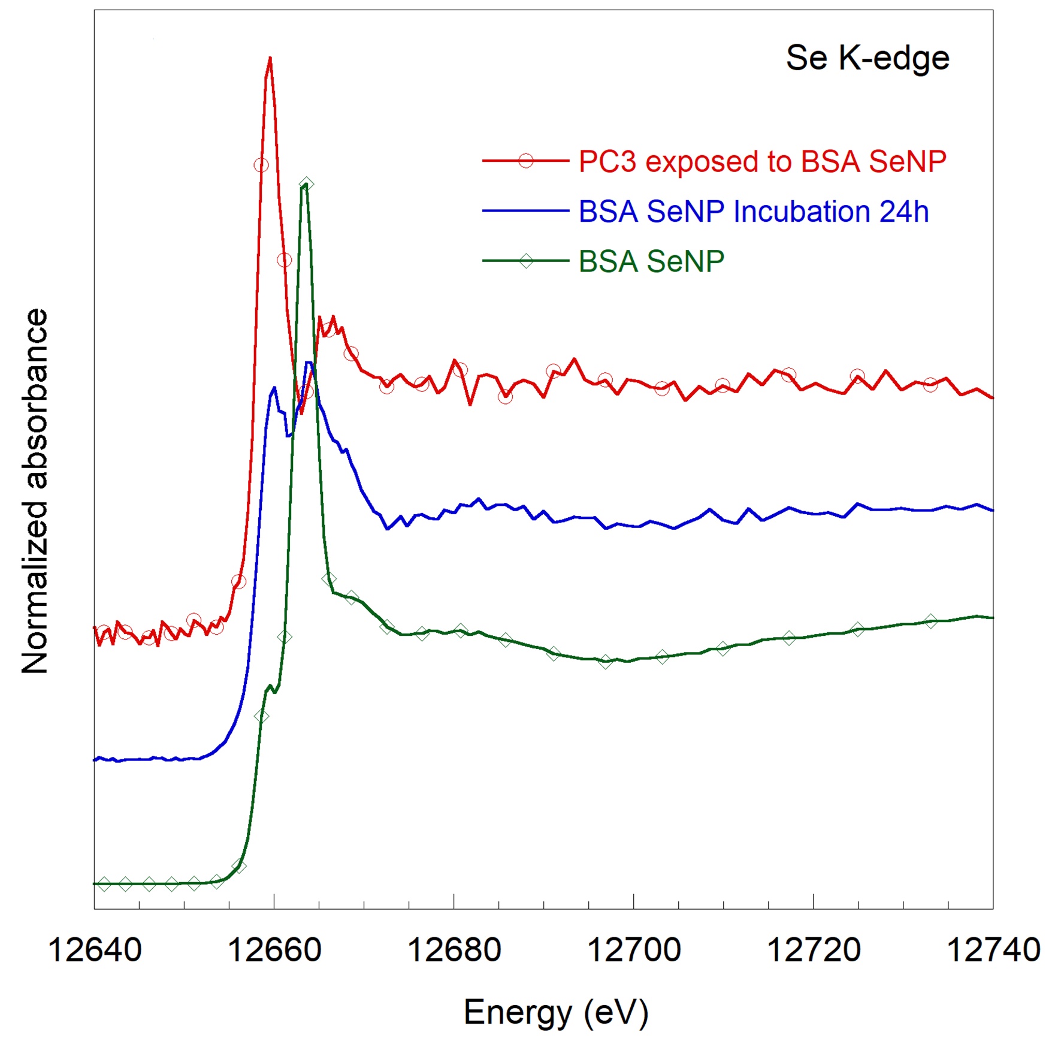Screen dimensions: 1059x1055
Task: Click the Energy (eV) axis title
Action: pos(556,1013)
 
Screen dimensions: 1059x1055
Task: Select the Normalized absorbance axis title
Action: pos(34,491)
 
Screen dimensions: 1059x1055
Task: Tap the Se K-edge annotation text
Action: pos(867,58)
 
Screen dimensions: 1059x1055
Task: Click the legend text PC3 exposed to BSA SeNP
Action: pos(762,161)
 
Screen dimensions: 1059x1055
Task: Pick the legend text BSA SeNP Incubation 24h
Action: pos(754,212)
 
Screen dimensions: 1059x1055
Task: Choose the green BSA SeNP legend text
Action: pos(651,261)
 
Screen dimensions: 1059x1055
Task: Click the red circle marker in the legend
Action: pos(525,161)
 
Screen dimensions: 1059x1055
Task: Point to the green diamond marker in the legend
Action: pos(525,261)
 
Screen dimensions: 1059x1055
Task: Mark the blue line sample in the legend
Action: pos(525,211)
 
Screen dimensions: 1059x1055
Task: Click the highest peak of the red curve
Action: pos(270,58)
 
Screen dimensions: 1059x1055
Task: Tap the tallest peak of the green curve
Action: pos(306,185)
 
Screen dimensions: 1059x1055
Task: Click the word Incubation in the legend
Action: pos(802,212)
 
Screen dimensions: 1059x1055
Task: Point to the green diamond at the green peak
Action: pos(307,183)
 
